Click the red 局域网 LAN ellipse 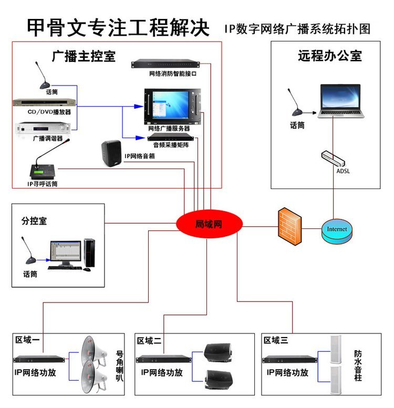[x=209, y=224]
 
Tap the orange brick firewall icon [x=291, y=226]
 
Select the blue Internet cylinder [x=337, y=232]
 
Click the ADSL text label [x=342, y=171]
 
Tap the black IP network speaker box [x=111, y=154]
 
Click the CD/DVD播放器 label [x=49, y=112]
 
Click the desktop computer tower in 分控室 [x=89, y=253]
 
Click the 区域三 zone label [x=276, y=341]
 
